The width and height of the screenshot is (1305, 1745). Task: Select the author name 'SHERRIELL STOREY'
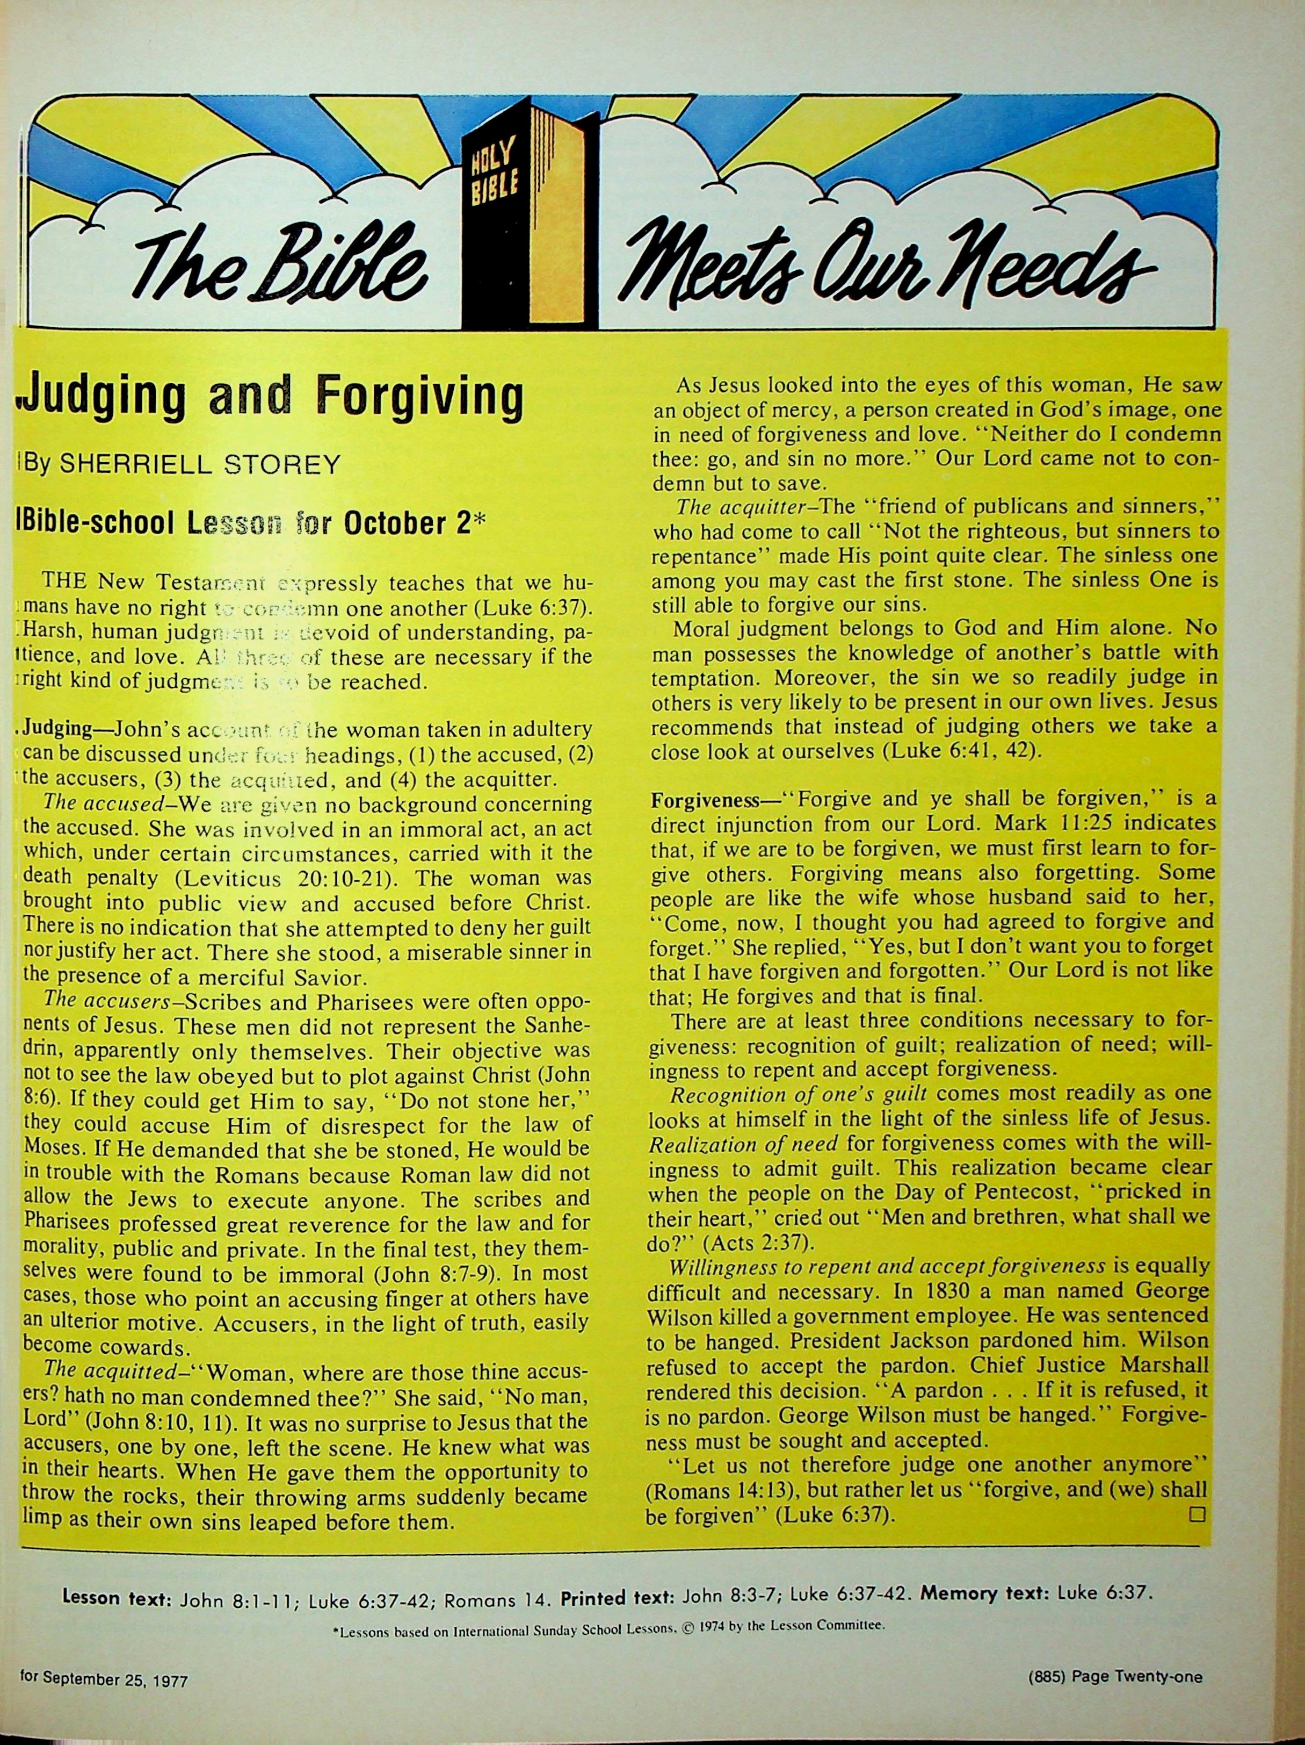click(200, 465)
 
